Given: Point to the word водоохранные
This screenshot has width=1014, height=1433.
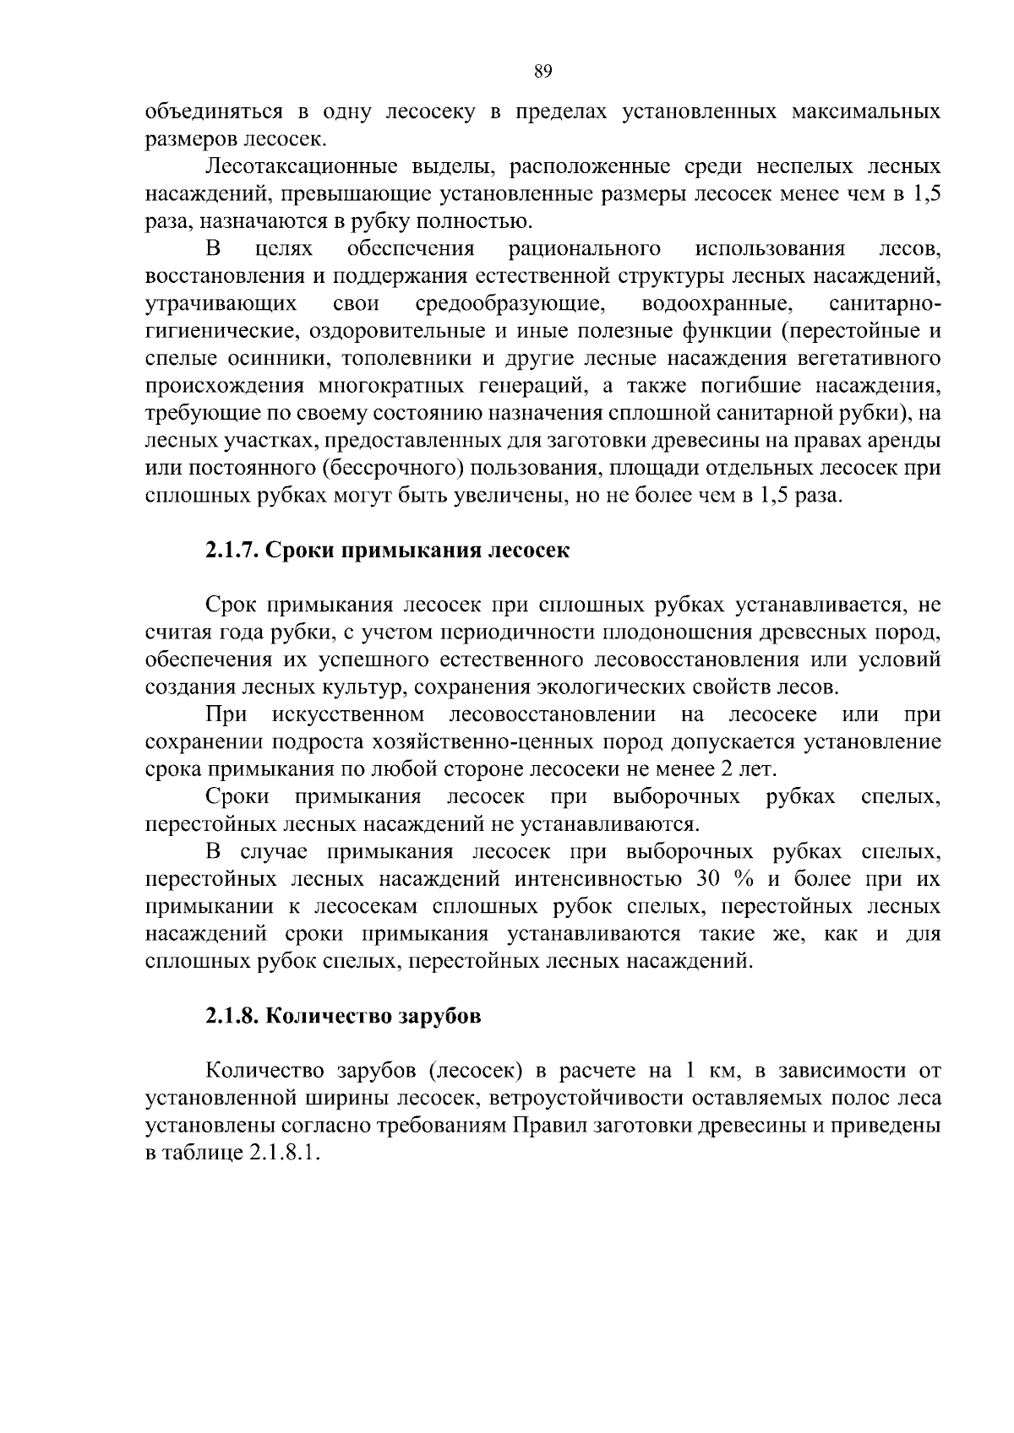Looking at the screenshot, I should [x=717, y=303].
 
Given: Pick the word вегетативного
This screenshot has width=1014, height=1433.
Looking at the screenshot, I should [x=870, y=358].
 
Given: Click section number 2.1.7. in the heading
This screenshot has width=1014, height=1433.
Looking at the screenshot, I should [x=231, y=551].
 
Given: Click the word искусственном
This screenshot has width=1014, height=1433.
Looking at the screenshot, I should [x=349, y=714].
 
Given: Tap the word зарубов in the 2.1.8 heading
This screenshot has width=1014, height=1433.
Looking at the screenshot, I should [x=439, y=1016].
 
